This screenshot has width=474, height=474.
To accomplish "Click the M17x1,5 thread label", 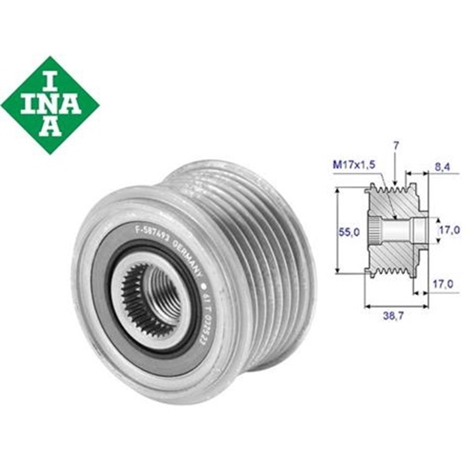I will coord(354,164).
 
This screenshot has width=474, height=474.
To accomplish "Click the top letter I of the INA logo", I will coord(50,79).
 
